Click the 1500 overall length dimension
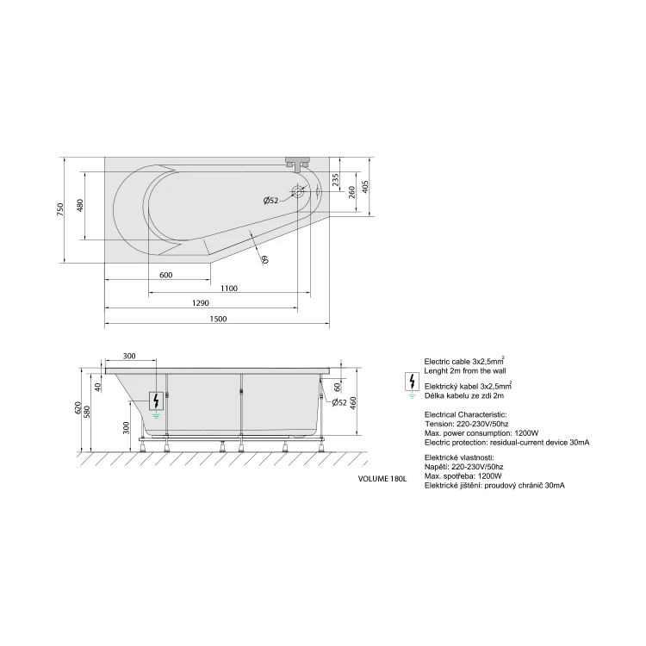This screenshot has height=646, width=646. (x=219, y=319)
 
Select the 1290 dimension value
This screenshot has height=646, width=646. (x=201, y=303)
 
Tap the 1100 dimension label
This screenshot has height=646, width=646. (x=228, y=288)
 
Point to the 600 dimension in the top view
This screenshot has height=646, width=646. (x=166, y=275)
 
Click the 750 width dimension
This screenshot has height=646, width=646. (x=60, y=209)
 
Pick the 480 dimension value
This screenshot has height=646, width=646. (x=80, y=206)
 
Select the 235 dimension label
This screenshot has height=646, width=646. (x=335, y=180)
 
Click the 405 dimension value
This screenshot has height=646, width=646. (x=365, y=187)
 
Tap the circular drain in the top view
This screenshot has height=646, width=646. (x=297, y=191)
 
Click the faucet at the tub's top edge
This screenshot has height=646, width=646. (x=297, y=164)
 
